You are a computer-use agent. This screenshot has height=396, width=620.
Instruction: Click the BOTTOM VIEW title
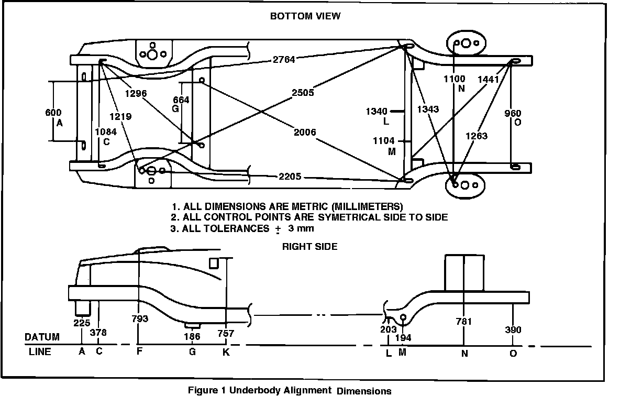[x=305, y=16]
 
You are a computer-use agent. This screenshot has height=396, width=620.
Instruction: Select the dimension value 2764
[x=284, y=60]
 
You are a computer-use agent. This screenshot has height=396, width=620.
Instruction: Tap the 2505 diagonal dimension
[x=303, y=93]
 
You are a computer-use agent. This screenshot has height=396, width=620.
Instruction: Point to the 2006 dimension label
[x=305, y=133]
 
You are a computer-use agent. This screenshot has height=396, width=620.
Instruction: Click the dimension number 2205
[x=290, y=177]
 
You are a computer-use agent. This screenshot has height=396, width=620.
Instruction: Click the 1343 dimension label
[x=428, y=109]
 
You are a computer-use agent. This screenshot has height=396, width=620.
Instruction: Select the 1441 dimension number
[x=488, y=79]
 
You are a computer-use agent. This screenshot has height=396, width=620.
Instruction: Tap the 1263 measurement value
[x=477, y=136]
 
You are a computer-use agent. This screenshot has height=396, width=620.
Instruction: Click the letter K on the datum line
[x=226, y=353]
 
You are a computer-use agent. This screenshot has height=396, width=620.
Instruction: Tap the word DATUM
[x=42, y=337]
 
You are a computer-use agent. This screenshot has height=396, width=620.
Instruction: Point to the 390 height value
[x=513, y=329]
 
